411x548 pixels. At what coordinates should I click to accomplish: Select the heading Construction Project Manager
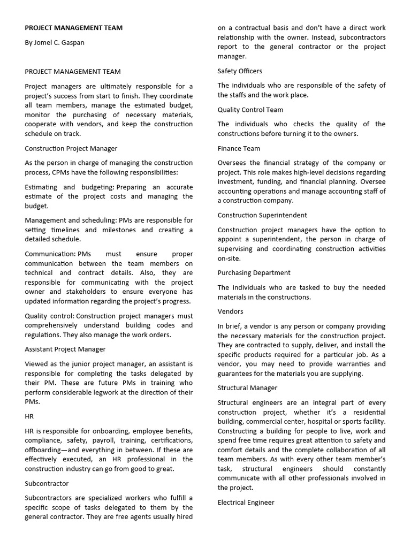71,148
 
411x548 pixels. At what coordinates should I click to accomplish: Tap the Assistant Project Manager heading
65,349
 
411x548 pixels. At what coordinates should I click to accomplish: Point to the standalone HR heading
29,415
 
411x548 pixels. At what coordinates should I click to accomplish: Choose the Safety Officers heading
240,71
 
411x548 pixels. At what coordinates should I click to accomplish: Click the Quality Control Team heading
250,110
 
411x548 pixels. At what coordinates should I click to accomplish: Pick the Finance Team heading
239,148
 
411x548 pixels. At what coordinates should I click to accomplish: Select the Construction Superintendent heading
262,215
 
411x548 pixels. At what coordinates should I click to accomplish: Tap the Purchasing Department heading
254,272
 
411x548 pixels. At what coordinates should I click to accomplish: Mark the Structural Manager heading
248,387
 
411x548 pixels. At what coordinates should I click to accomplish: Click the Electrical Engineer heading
246,502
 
